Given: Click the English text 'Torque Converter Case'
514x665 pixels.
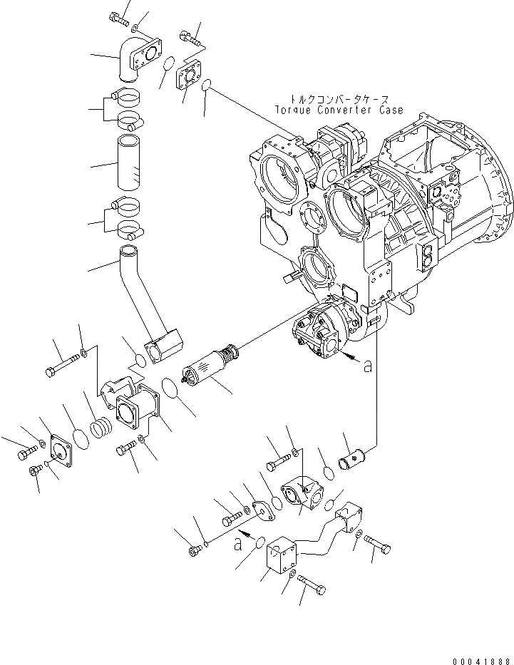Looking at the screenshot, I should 339,110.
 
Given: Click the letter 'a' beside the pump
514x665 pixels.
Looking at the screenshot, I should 367,366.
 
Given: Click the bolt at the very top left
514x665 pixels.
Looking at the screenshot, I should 118,19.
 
